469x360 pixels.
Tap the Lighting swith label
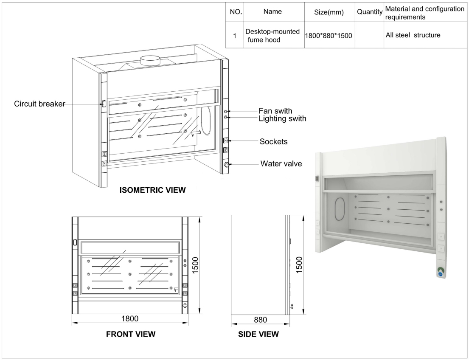click(x=283, y=118)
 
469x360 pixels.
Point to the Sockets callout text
click(x=273, y=141)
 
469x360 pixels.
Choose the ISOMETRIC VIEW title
click(x=152, y=190)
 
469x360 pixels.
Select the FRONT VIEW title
click(x=130, y=334)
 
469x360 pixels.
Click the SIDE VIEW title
click(x=258, y=334)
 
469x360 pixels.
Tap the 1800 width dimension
click(x=130, y=318)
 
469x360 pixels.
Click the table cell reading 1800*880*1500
click(x=328, y=36)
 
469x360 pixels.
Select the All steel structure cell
click(x=413, y=35)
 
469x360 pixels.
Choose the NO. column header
click(x=236, y=13)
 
